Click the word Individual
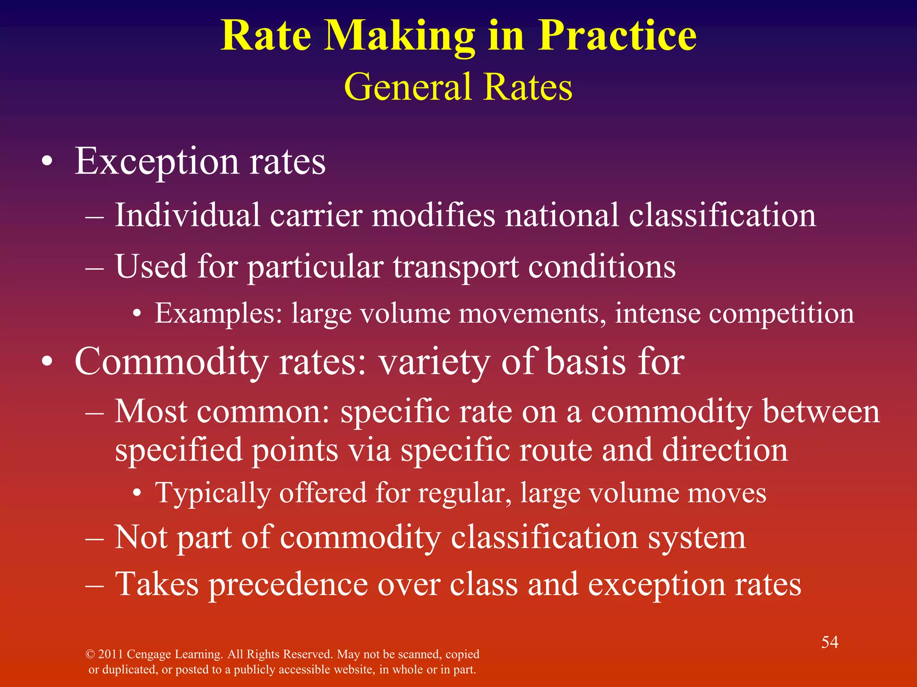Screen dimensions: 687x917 click(187, 215)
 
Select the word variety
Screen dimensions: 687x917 click(434, 362)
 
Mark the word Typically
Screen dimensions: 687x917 click(213, 493)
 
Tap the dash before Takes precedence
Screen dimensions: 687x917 click(94, 585)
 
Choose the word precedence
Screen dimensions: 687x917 click(288, 585)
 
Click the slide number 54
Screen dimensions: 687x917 click(830, 642)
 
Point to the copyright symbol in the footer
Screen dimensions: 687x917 click(90, 654)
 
